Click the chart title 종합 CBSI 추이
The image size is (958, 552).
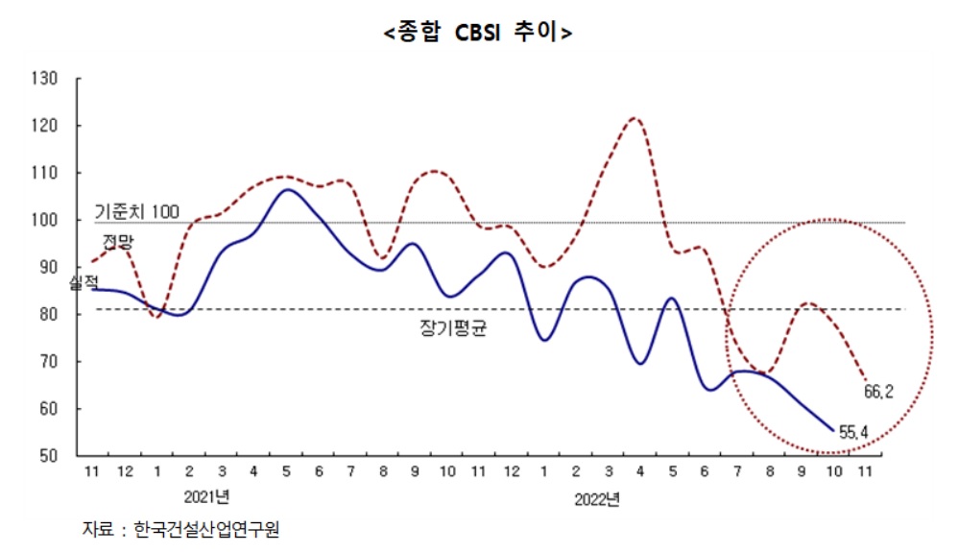[478, 32]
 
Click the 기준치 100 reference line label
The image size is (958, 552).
[136, 211]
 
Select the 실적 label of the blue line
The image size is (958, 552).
[84, 282]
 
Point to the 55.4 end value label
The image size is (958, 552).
[853, 433]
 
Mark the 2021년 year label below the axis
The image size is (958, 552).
[207, 496]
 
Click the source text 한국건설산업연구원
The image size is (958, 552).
[213, 529]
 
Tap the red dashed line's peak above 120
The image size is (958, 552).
[635, 118]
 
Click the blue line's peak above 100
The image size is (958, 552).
[287, 189]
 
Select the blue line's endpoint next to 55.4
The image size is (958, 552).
[832, 430]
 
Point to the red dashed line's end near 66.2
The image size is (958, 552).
[864, 377]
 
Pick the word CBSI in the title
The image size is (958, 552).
[480, 32]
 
